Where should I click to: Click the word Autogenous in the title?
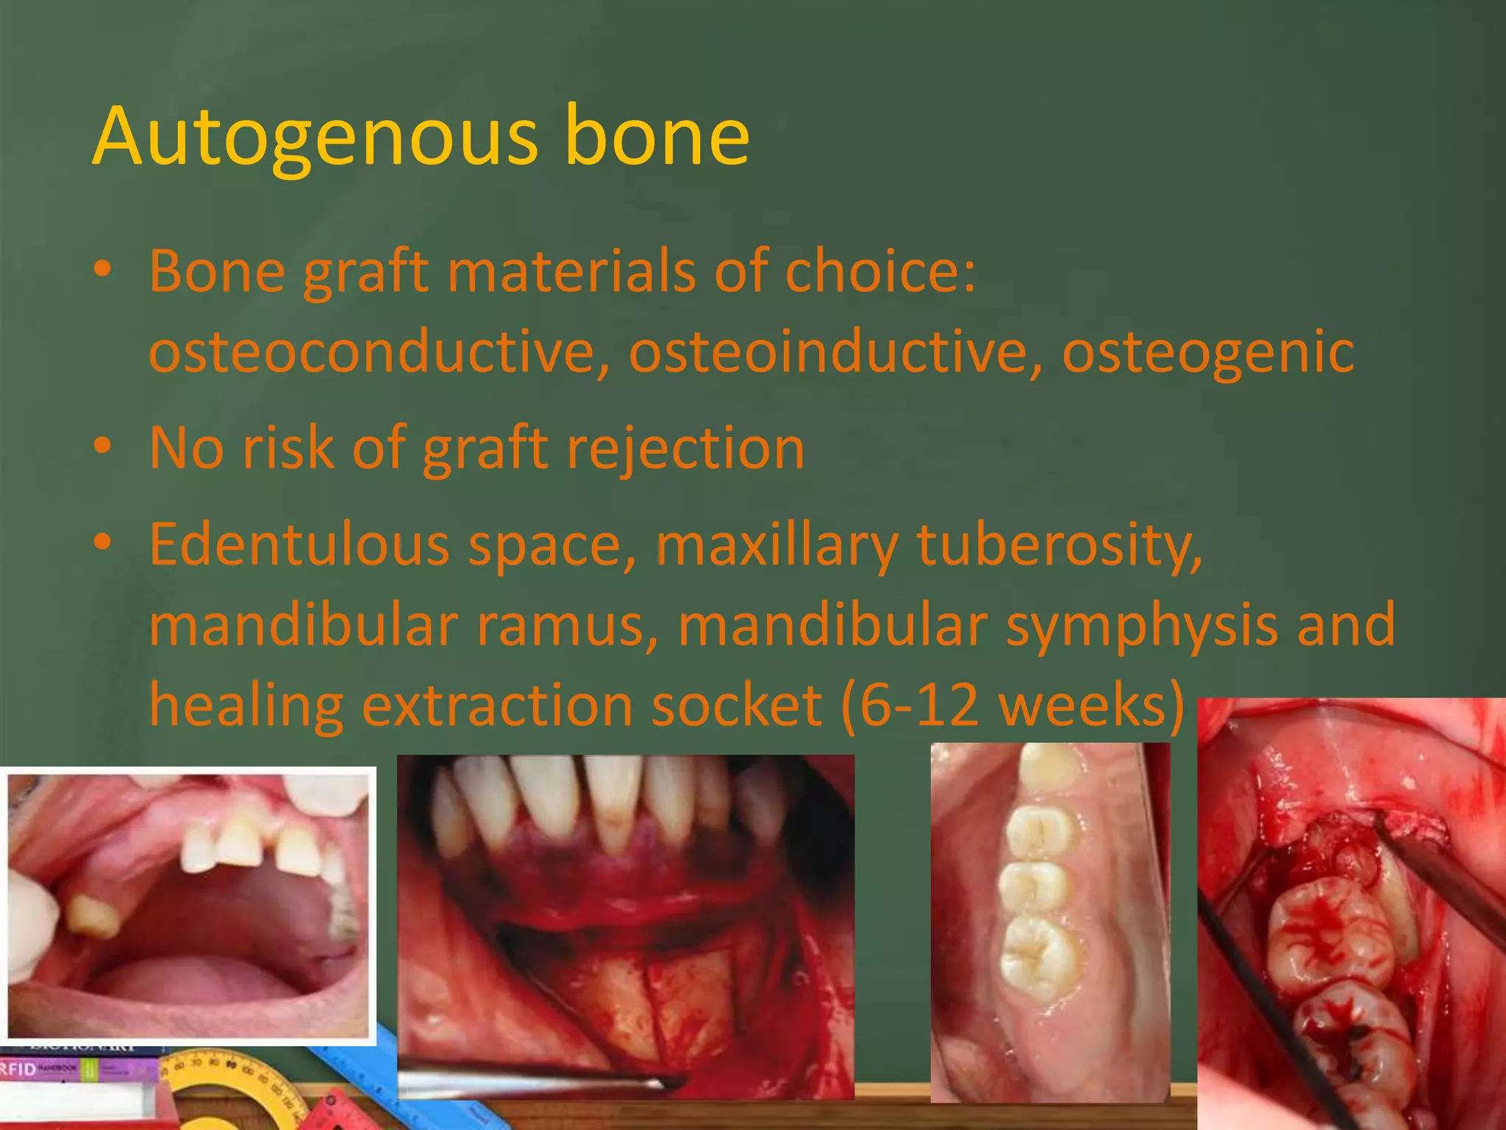pyautogui.click(x=316, y=137)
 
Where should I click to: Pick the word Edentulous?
pyautogui.click(x=299, y=544)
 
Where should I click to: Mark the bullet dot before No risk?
pyautogui.click(x=103, y=446)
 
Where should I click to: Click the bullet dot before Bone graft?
pyautogui.click(x=103, y=270)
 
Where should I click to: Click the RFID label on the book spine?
pyautogui.click(x=18, y=1069)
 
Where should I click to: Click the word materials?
pyautogui.click(x=571, y=271)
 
